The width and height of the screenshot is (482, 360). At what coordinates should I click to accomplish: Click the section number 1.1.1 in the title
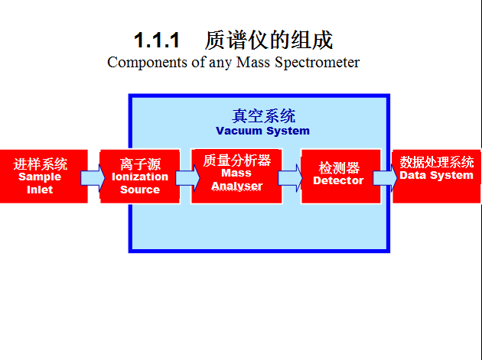click(157, 40)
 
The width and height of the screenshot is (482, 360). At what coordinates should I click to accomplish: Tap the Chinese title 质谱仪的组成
click(269, 40)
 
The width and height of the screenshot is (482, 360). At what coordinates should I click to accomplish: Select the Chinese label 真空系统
click(263, 116)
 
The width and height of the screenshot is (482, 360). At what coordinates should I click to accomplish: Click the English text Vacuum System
click(262, 131)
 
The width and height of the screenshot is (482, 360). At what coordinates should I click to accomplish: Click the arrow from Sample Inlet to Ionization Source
click(93, 179)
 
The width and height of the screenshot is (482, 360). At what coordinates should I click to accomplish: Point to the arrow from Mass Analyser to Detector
click(290, 178)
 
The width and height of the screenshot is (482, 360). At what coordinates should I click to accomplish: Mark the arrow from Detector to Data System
click(385, 178)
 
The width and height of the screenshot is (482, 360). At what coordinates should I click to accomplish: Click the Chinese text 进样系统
click(40, 164)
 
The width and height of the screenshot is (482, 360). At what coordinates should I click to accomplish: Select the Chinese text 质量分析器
click(236, 161)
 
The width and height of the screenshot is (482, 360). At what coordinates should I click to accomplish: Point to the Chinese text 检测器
click(339, 168)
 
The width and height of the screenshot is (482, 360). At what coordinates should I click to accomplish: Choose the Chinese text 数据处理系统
click(437, 162)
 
